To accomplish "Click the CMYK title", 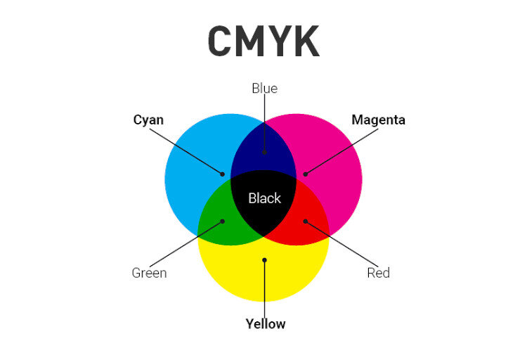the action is (x=263, y=42).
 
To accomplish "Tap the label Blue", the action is (x=264, y=89).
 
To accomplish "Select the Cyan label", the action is (x=148, y=120).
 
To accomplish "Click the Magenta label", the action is (x=378, y=120).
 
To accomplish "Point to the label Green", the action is (x=149, y=273).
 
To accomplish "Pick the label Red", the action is (x=378, y=273).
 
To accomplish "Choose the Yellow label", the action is (x=265, y=324).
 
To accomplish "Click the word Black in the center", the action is (x=264, y=198).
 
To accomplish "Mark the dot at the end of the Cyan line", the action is (x=223, y=174).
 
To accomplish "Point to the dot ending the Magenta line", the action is (x=305, y=174).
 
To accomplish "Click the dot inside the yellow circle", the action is (x=264, y=260).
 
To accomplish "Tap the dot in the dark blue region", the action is (x=264, y=151).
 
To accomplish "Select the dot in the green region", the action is (x=223, y=221).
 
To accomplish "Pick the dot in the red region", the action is (x=305, y=221).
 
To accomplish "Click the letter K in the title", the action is (x=306, y=42).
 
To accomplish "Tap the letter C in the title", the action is (x=220, y=42).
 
